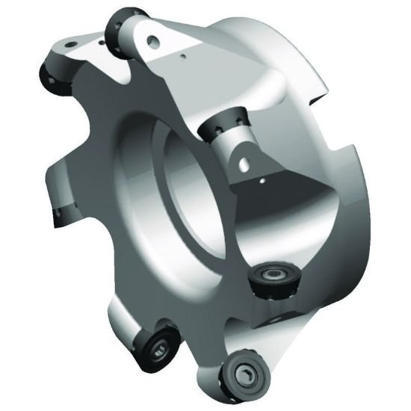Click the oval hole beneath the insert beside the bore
pyautogui.click(x=241, y=160)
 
